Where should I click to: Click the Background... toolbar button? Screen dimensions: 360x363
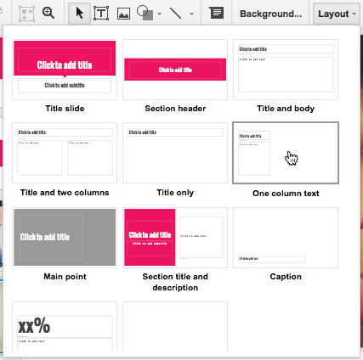[270, 14]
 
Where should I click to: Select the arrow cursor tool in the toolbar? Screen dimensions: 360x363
[80, 14]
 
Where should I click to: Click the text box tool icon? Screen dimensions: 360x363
[101, 14]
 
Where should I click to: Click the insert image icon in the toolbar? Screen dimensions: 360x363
[123, 14]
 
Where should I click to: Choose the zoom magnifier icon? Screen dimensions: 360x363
[48, 14]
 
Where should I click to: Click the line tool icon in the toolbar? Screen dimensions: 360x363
[175, 14]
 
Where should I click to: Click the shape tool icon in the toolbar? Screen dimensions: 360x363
[145, 14]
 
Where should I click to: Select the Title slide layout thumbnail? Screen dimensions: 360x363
[65, 69]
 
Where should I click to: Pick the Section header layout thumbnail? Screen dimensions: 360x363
[174, 69]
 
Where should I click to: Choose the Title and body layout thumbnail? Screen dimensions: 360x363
[285, 69]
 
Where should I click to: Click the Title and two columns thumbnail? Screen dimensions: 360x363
[65, 153]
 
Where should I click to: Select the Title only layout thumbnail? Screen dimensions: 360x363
[174, 153]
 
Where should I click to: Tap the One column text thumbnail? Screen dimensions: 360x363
[285, 153]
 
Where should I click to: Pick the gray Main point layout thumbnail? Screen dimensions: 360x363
[65, 237]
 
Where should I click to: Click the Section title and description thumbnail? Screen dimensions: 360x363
[174, 237]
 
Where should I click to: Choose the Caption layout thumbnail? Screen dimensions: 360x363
[285, 237]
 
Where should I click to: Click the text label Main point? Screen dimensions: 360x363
[65, 277]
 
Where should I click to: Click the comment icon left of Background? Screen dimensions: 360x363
[216, 14]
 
